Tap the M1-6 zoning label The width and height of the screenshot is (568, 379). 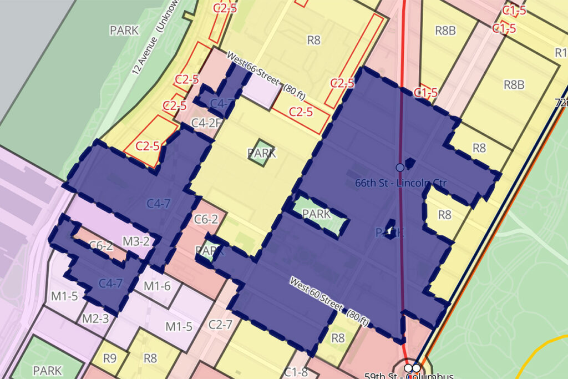pyautogui.click(x=157, y=286)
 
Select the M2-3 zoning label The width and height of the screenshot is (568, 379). pyautogui.click(x=95, y=319)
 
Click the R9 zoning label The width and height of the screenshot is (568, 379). pyautogui.click(x=109, y=358)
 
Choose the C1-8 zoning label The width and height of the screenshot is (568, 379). pyautogui.click(x=296, y=371)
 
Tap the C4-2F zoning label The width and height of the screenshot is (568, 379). pyautogui.click(x=206, y=123)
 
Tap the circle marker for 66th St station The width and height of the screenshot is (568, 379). pyautogui.click(x=399, y=167)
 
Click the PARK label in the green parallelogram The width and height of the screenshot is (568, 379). pyautogui.click(x=317, y=214)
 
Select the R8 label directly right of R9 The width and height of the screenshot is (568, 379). pyautogui.click(x=150, y=358)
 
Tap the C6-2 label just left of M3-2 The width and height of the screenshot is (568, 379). pyautogui.click(x=101, y=245)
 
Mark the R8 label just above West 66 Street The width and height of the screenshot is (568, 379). pyautogui.click(x=314, y=39)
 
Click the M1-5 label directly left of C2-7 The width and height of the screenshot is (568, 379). pyautogui.click(x=179, y=326)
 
